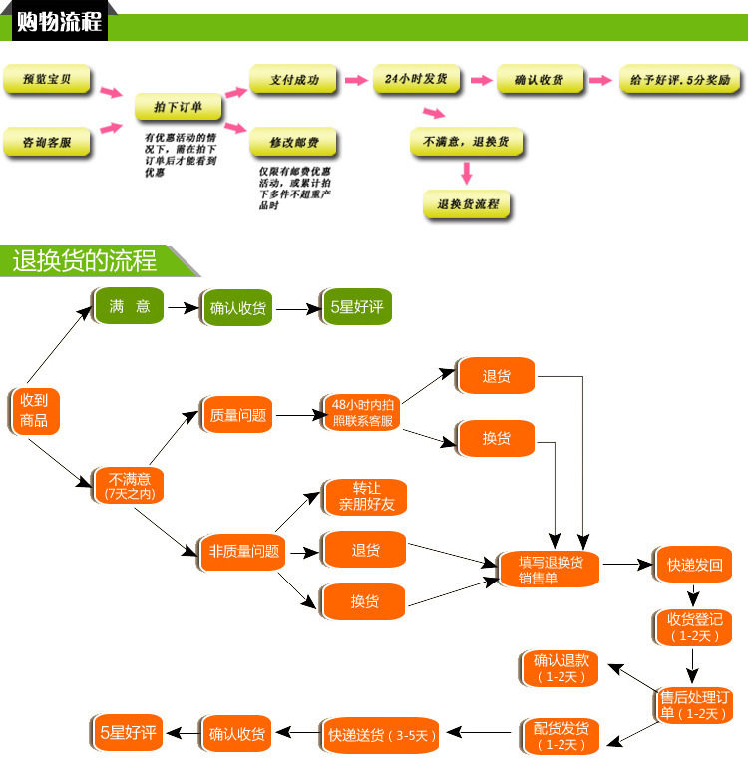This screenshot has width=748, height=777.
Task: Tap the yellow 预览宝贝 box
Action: click(46, 81)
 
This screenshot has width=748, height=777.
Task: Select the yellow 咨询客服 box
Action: click(46, 143)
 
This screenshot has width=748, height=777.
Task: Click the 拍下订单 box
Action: click(178, 106)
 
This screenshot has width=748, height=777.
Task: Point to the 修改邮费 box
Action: click(293, 143)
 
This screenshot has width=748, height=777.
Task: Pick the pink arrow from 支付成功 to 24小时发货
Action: click(355, 80)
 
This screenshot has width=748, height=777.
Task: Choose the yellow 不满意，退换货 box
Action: click(466, 143)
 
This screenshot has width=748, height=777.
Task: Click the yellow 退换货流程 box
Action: click(467, 204)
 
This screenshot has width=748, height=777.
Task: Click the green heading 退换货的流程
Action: click(85, 261)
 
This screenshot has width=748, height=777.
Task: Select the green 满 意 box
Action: click(129, 307)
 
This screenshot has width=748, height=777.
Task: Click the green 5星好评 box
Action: click(356, 307)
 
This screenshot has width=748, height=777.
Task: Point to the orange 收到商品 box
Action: click(34, 410)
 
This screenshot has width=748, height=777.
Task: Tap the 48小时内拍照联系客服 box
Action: click(363, 413)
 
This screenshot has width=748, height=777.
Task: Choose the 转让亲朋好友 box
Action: click(366, 497)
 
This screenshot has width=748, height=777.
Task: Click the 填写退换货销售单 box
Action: click(550, 570)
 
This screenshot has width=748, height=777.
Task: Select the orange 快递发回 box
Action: click(693, 565)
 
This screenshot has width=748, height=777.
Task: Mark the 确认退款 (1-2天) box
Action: click(561, 668)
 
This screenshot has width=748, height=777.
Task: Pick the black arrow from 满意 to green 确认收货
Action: click(183, 308)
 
